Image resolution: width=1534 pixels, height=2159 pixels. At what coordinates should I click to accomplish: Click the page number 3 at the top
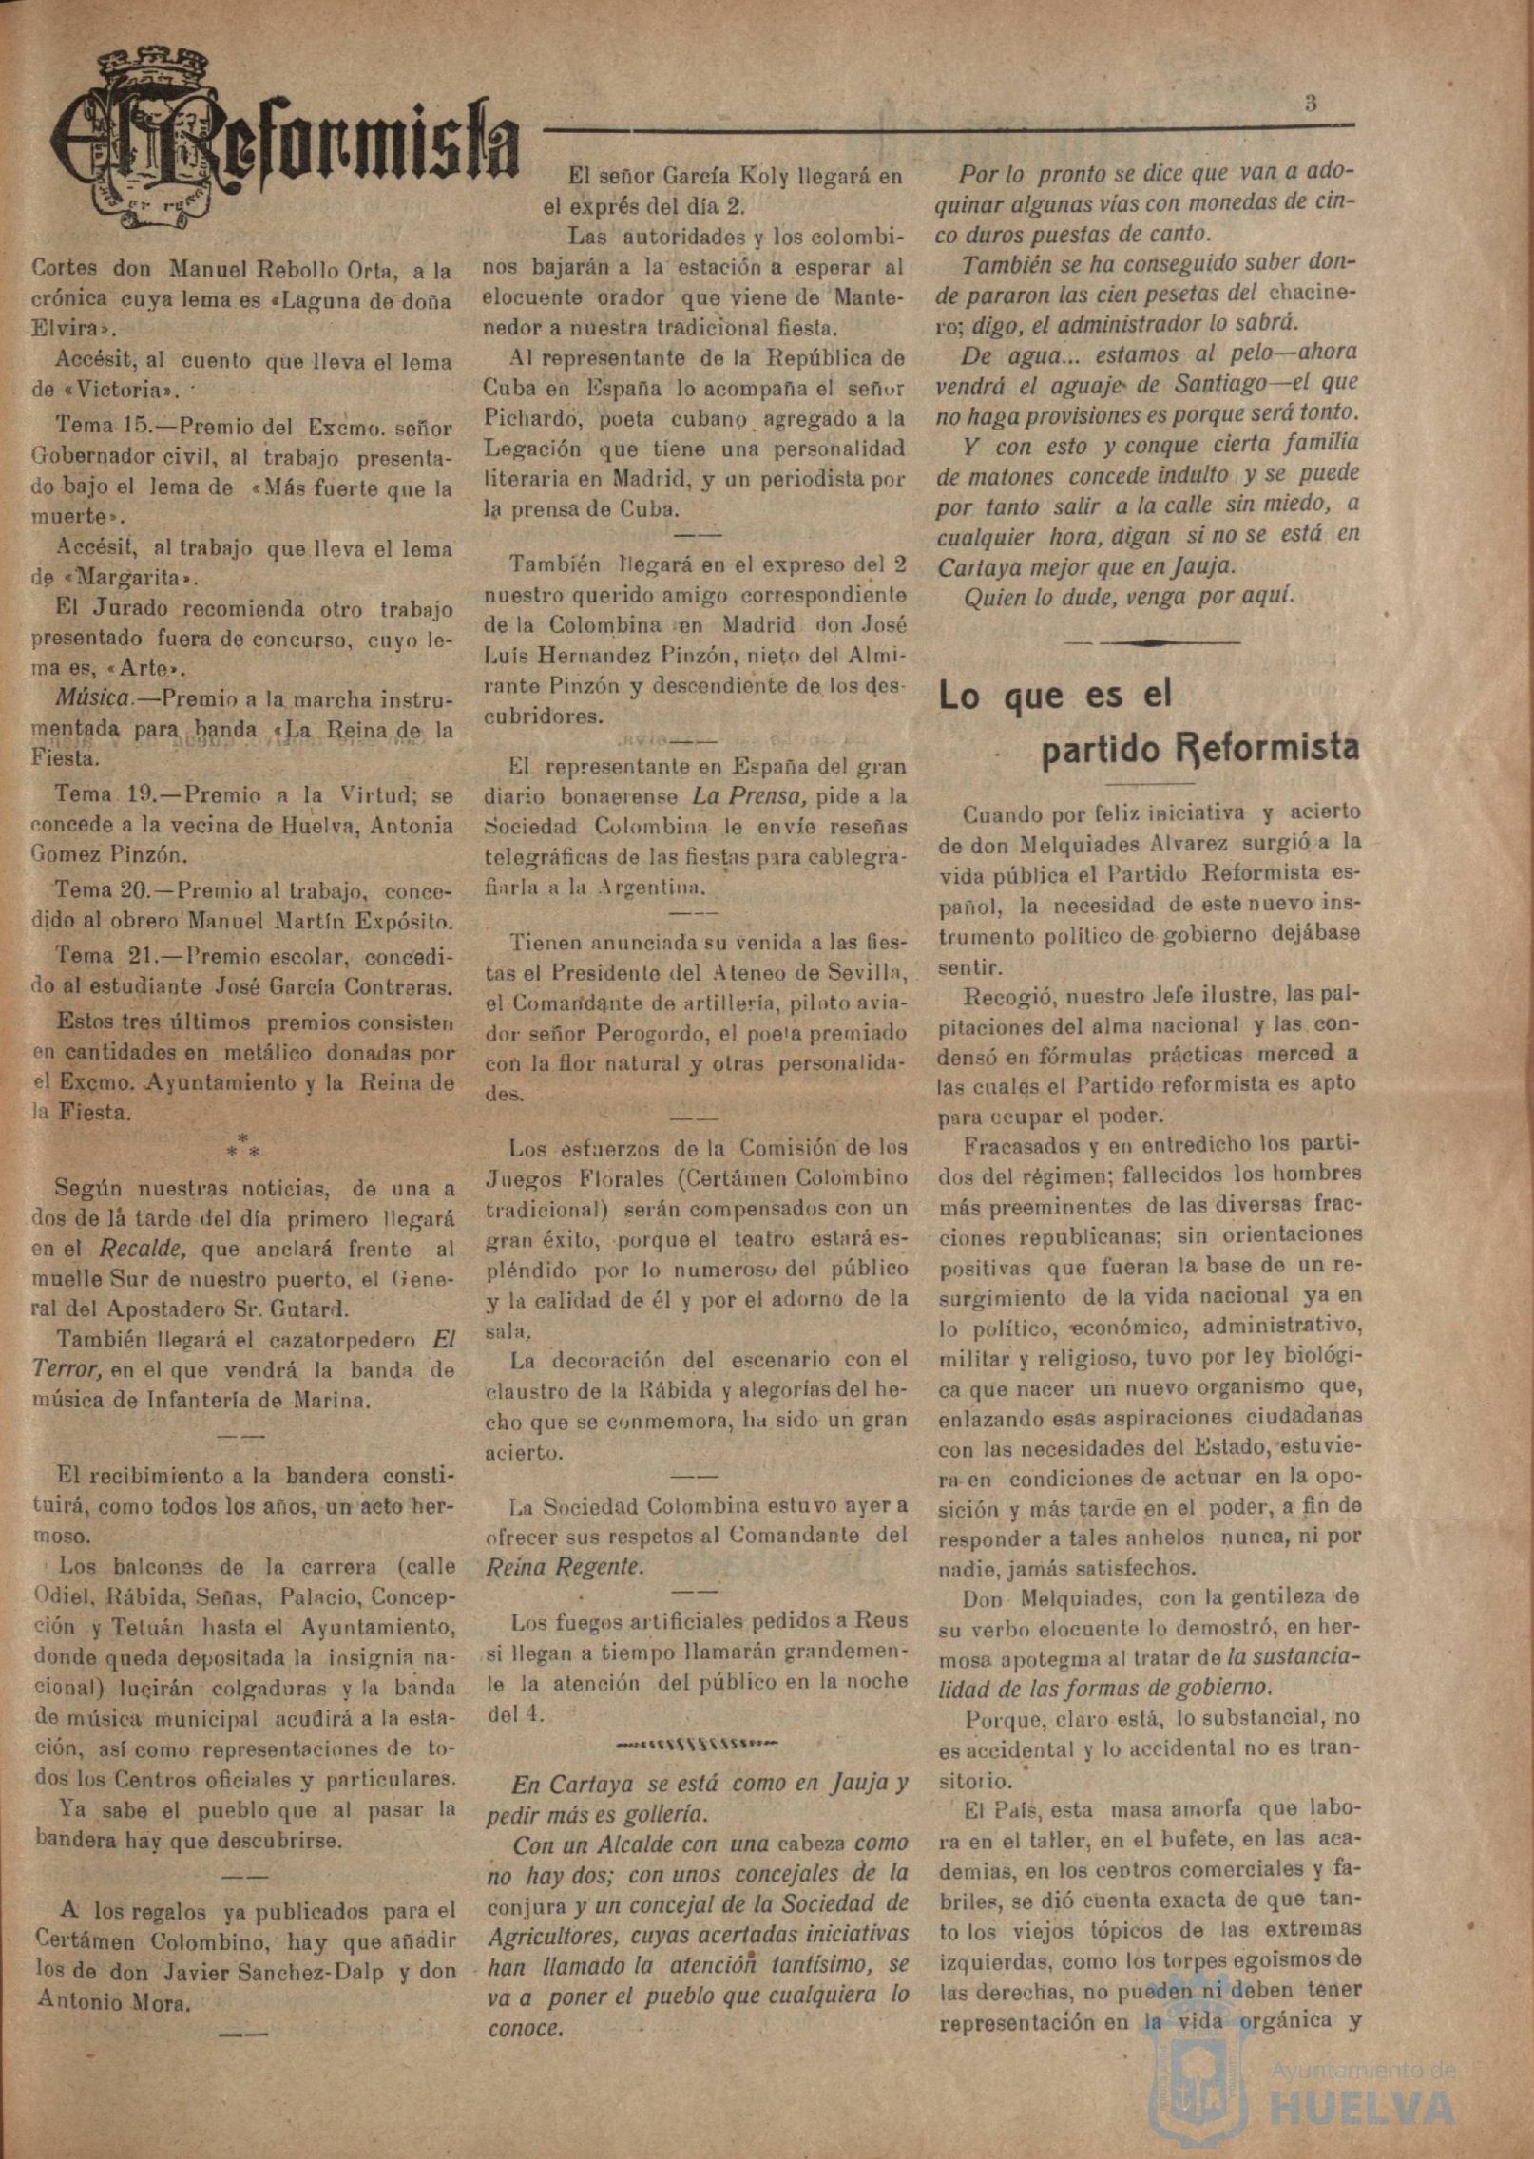coord(1311,104)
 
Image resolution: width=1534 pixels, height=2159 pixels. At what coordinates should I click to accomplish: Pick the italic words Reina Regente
coord(565,1566)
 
